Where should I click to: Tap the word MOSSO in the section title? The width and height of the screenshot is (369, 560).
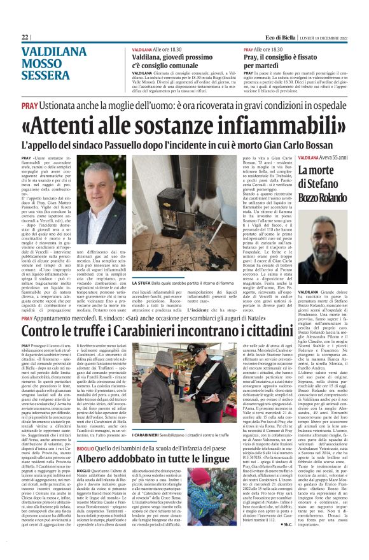(42, 64)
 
